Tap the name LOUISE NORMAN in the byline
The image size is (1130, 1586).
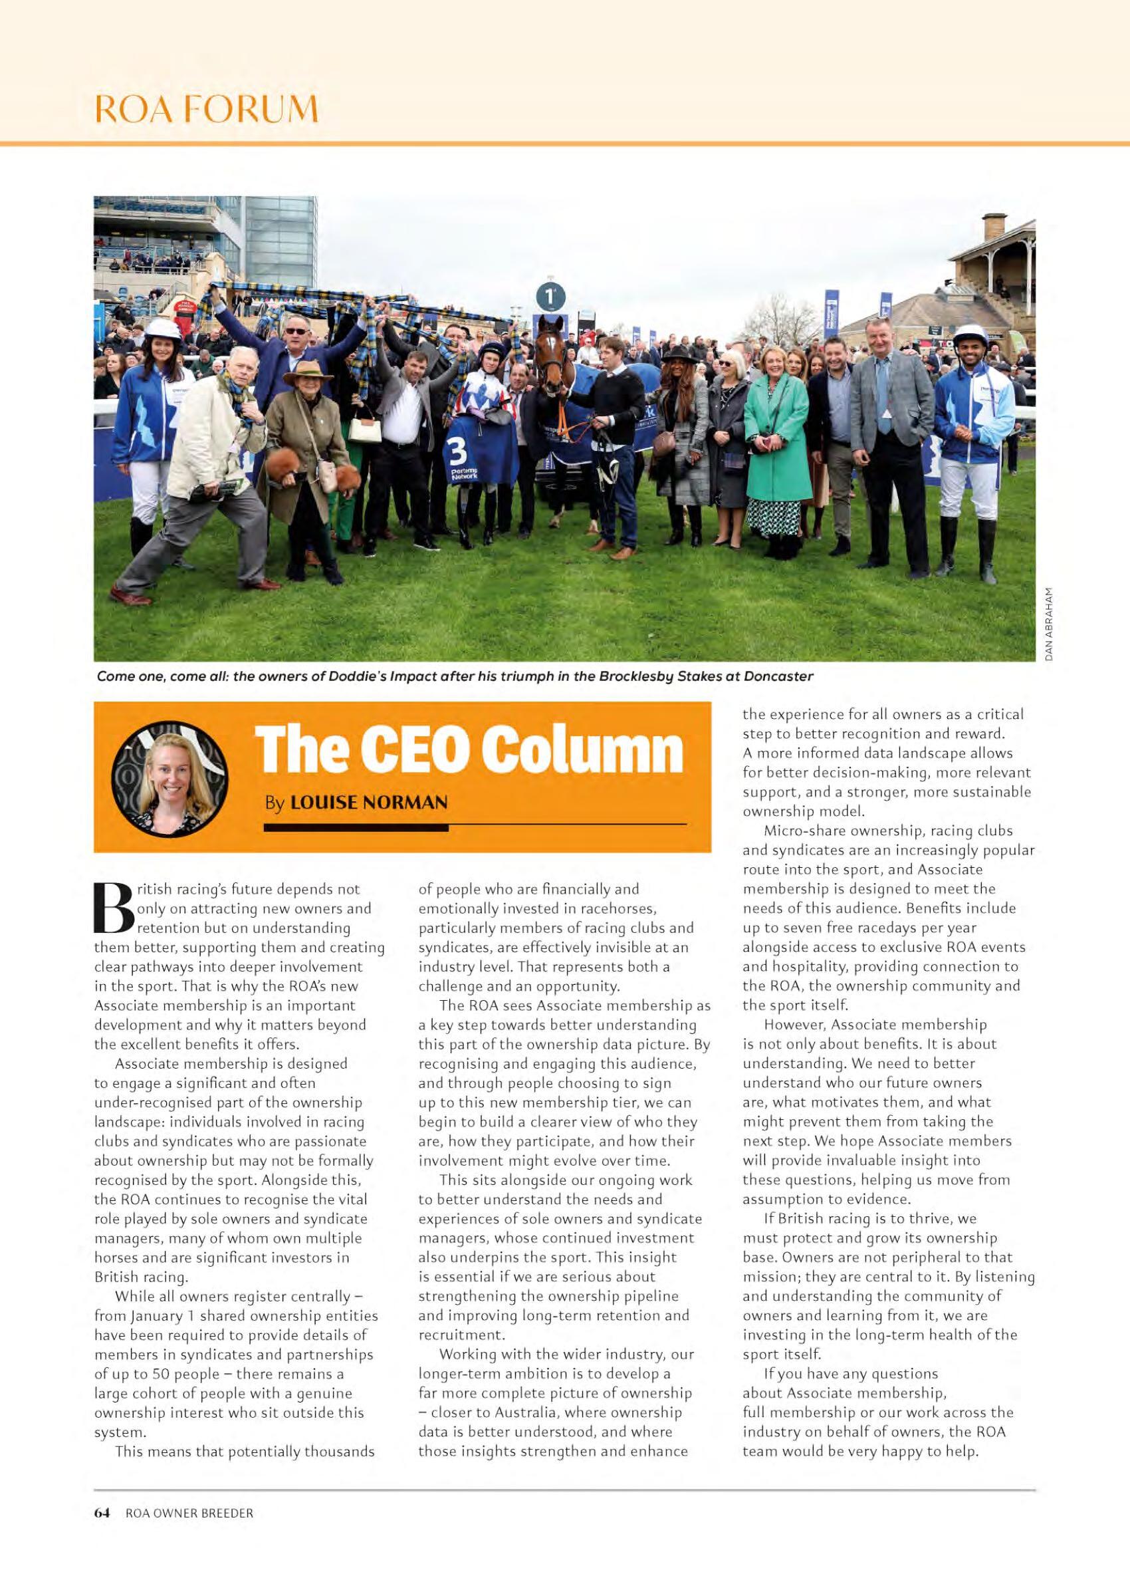pos(368,803)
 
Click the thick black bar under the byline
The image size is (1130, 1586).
pos(356,828)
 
